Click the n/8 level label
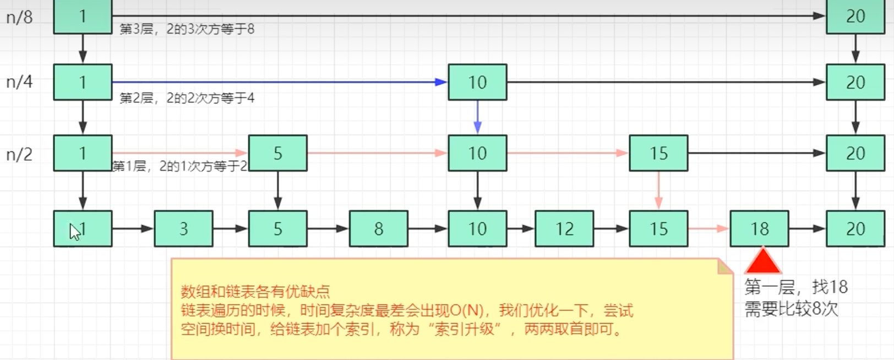coord(19,18)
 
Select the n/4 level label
coord(19,82)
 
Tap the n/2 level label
coord(19,154)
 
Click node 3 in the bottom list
coord(183,228)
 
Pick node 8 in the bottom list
coord(378,228)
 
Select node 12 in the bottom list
coord(564,228)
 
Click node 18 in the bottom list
coord(759,228)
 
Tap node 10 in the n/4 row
coord(477,82)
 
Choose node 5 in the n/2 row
coord(277,153)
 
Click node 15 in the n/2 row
coord(658,153)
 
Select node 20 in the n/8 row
coord(855,17)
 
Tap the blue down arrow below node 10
coord(477,117)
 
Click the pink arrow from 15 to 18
coord(708,228)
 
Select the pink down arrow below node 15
coord(658,190)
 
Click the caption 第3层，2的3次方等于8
coord(187,29)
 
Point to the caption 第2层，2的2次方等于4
coord(187,98)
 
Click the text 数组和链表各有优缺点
coord(255,291)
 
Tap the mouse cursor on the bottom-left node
coord(74,232)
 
